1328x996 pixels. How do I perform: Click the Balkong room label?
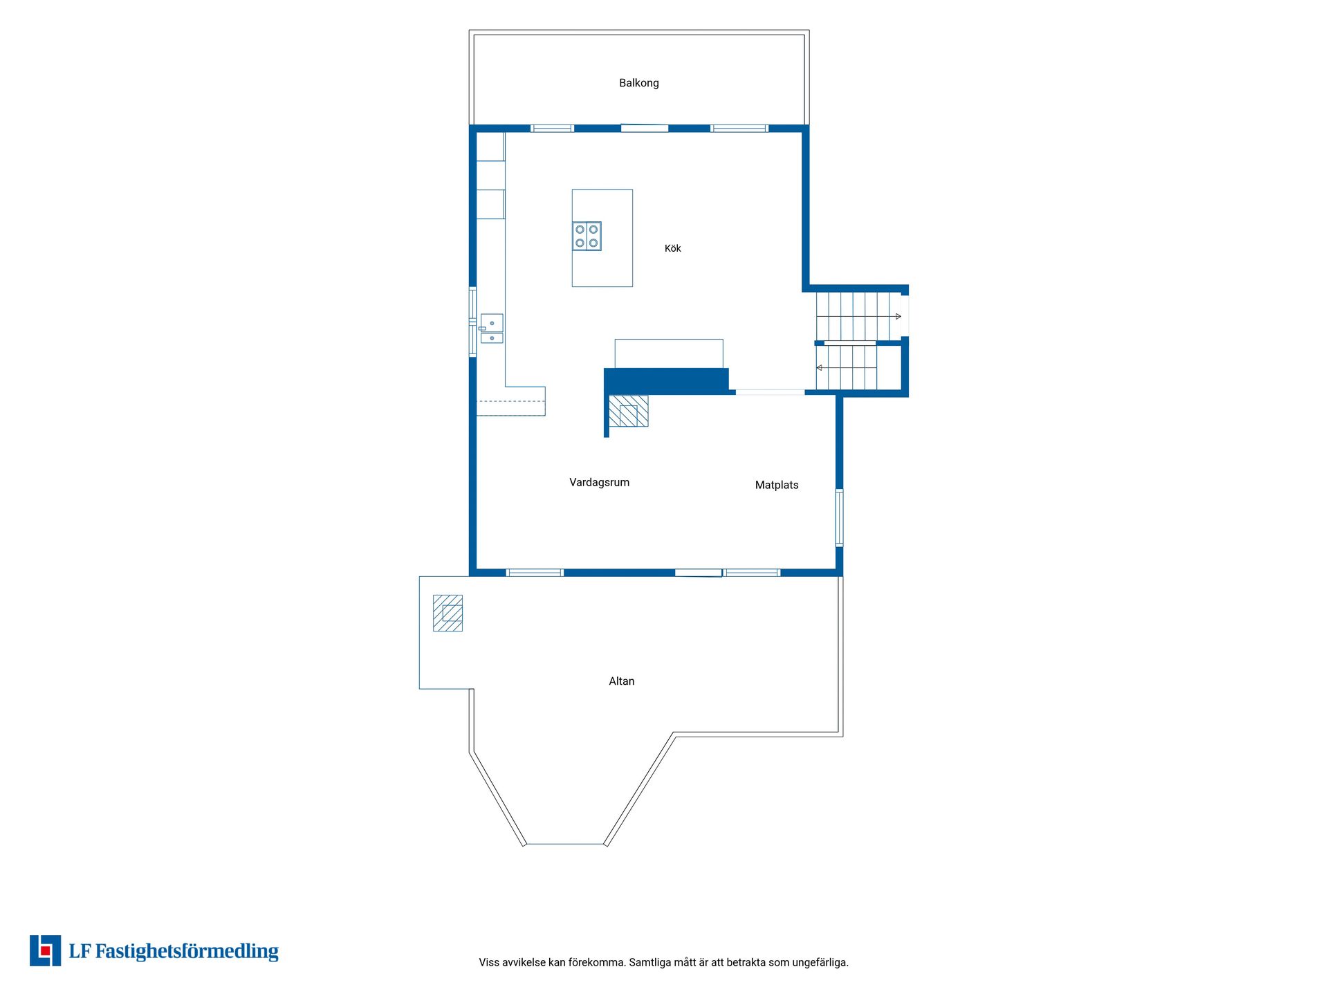(638, 83)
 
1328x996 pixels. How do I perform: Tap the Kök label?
(672, 248)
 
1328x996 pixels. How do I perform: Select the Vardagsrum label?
(599, 483)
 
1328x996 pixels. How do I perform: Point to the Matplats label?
(777, 485)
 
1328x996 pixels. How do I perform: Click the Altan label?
(621, 681)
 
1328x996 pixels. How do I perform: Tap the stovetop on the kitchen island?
(587, 236)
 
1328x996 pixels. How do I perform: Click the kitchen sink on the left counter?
(491, 329)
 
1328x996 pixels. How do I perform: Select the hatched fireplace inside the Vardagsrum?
(628, 411)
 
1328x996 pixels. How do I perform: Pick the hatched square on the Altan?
(448, 613)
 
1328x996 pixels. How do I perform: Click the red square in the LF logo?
(45, 951)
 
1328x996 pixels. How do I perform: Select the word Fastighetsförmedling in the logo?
(187, 952)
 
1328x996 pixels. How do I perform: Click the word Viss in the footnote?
(488, 962)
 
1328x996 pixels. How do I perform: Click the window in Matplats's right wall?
(839, 518)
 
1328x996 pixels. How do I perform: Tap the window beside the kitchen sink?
(472, 322)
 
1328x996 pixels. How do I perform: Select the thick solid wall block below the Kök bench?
(667, 380)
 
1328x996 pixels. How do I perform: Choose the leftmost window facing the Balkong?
(552, 128)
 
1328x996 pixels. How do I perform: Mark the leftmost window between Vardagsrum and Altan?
(535, 573)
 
